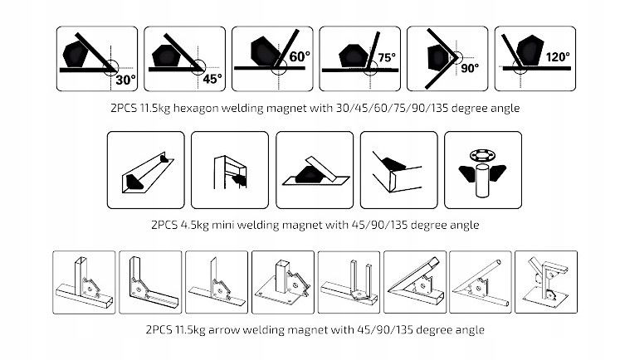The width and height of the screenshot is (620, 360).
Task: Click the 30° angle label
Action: tap(125, 80)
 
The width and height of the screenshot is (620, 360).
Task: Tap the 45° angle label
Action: tap(212, 79)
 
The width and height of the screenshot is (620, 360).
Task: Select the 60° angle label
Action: tap(300, 57)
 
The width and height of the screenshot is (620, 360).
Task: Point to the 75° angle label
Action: tap(386, 58)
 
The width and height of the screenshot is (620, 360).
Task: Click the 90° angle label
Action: tap(470, 68)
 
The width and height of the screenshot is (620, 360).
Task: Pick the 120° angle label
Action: tap(558, 57)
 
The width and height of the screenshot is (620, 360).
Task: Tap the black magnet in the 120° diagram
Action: tap(530, 49)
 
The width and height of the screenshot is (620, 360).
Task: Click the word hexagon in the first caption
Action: tap(195, 109)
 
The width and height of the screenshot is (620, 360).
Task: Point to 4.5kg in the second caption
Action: tap(194, 226)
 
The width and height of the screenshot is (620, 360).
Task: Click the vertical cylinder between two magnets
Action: tap(483, 181)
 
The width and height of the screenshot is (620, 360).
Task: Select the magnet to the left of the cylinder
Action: tap(466, 173)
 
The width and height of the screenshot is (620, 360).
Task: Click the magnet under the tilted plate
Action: tap(310, 175)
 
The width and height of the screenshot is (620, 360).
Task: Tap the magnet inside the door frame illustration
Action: tap(240, 180)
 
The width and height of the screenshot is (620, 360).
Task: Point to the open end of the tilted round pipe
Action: tap(499, 262)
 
